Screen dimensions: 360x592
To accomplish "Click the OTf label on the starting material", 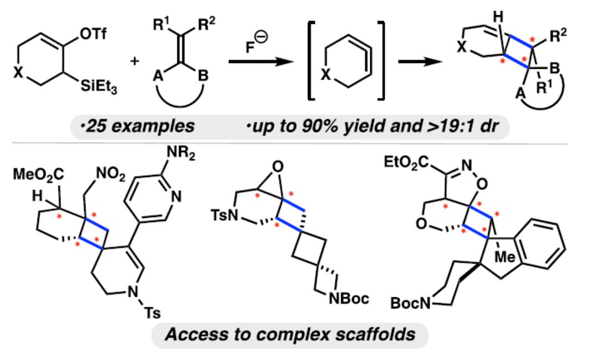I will [92, 34].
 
